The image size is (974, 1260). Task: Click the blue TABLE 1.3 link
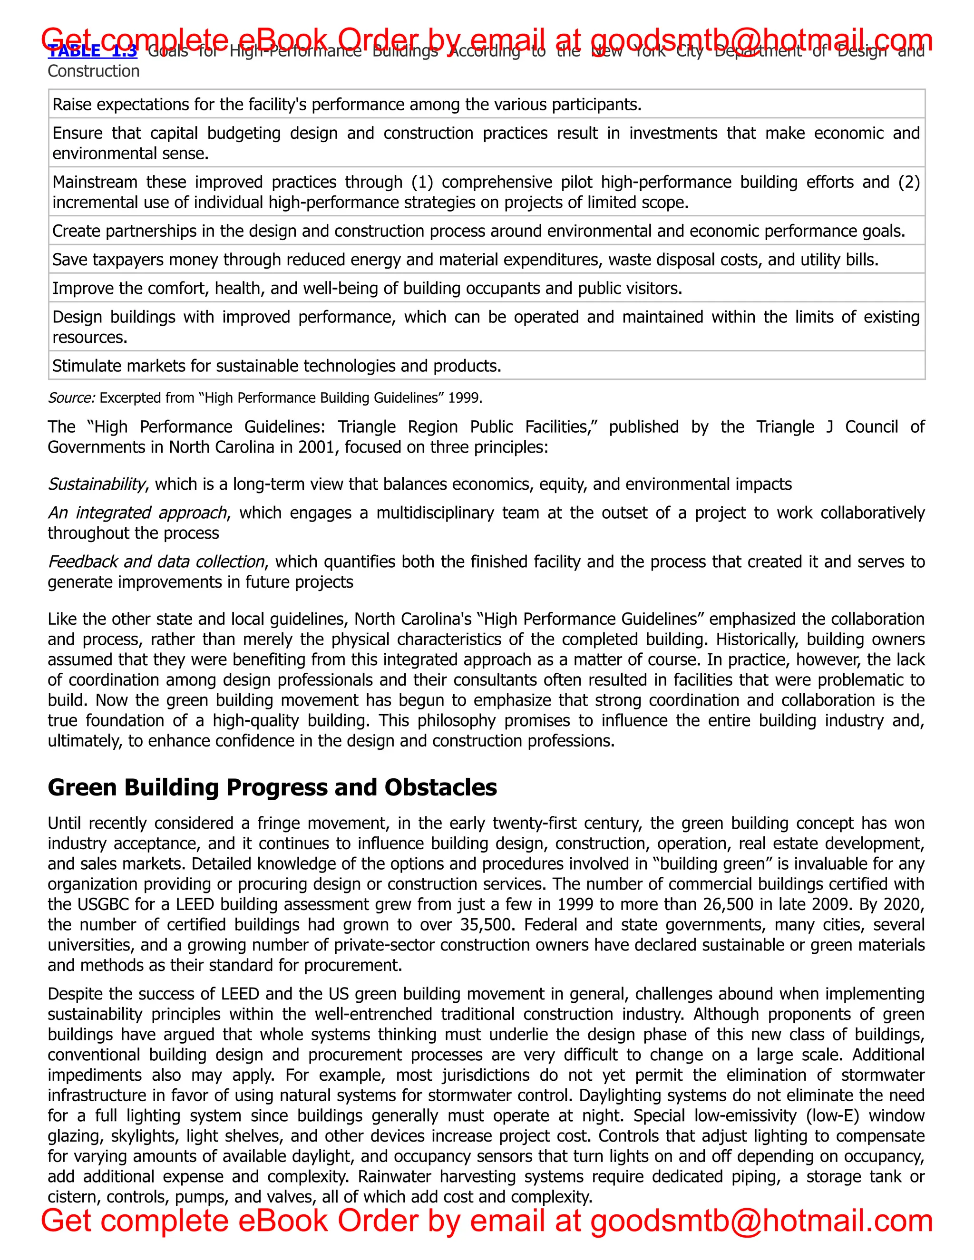point(92,52)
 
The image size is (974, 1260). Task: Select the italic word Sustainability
point(96,484)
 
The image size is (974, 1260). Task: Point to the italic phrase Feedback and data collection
point(156,562)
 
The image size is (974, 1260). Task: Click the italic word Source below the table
point(71,398)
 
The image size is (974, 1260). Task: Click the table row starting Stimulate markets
point(276,366)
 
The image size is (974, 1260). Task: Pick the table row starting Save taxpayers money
point(465,260)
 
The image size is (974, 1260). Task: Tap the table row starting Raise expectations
point(346,105)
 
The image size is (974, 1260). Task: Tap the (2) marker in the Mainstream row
point(908,182)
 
